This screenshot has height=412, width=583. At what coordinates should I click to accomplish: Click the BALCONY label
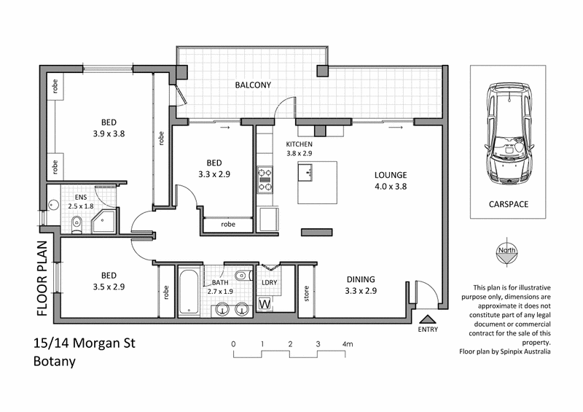pyautogui.click(x=252, y=85)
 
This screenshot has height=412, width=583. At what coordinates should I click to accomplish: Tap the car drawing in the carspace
pyautogui.click(x=507, y=136)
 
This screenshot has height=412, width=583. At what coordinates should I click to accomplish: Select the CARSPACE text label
pyautogui.click(x=507, y=205)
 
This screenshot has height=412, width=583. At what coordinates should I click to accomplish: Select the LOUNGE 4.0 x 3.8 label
pyautogui.click(x=390, y=181)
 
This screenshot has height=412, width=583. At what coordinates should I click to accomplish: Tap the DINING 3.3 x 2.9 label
pyautogui.click(x=361, y=285)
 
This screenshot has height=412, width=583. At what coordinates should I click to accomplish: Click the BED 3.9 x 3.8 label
pyautogui.click(x=109, y=128)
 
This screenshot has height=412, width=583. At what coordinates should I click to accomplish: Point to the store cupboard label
pyautogui.click(x=307, y=295)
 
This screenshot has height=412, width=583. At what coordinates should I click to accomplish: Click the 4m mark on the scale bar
pyautogui.click(x=345, y=343)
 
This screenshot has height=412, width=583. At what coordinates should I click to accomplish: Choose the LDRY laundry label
pyautogui.click(x=267, y=282)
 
